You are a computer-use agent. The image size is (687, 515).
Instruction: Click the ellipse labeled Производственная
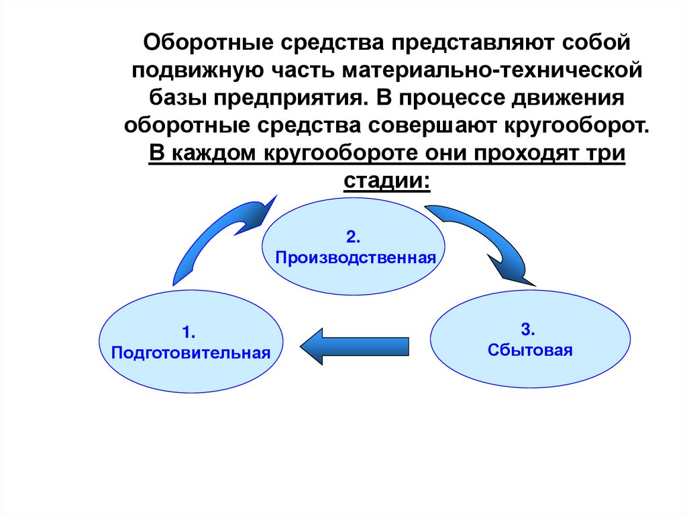pyautogui.click(x=353, y=247)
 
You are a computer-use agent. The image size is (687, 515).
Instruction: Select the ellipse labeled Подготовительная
pyautogui.click(x=191, y=342)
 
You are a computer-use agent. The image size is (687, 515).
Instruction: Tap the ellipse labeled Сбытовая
pyautogui.click(x=530, y=340)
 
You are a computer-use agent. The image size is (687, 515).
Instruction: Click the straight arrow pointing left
pyautogui.click(x=354, y=346)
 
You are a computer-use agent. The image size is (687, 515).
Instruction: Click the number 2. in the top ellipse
pyautogui.click(x=354, y=236)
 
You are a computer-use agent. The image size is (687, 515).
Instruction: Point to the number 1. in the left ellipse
pyautogui.click(x=188, y=332)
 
